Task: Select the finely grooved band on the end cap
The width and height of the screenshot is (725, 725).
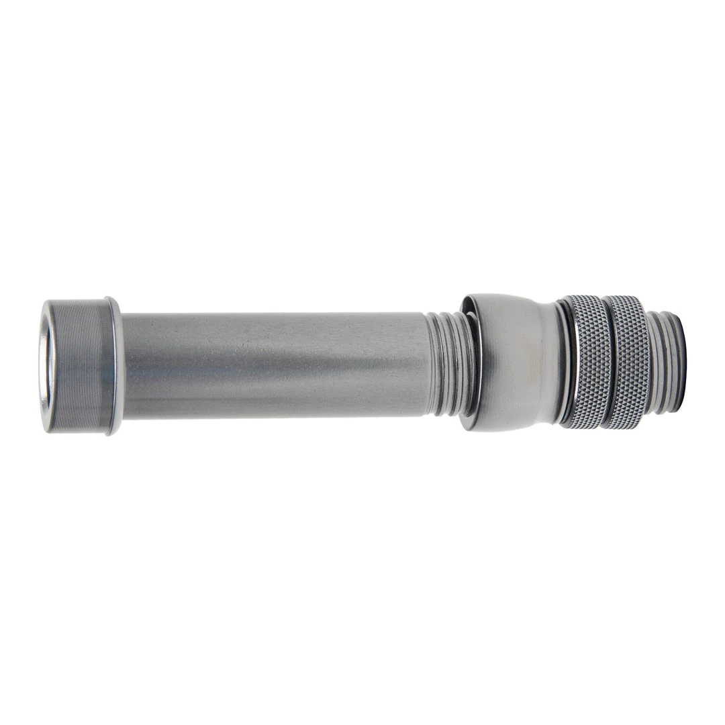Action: (77, 366)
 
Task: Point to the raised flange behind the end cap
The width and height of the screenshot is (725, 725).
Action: (116, 366)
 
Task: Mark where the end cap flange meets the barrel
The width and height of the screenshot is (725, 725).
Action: (123, 366)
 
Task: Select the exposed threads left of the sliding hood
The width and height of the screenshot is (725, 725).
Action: (444, 362)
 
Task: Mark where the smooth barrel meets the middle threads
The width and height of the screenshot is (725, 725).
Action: (428, 362)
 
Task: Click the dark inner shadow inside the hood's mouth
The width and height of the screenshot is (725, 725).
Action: (475, 362)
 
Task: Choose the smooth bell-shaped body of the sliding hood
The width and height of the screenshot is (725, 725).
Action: (514, 362)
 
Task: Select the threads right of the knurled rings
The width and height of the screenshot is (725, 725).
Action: (661, 362)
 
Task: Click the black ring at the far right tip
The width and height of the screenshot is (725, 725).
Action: (681, 362)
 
